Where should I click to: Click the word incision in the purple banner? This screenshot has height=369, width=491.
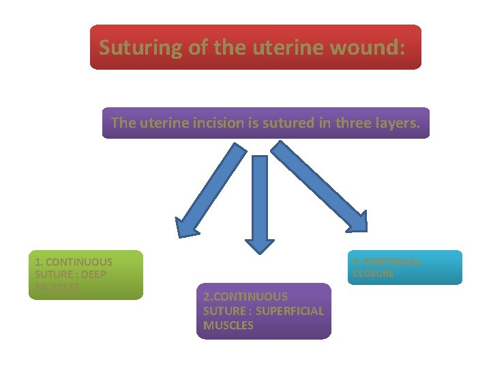(215, 123)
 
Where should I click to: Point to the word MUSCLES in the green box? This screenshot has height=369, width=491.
(57, 287)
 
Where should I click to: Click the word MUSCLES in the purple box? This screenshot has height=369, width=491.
(228, 325)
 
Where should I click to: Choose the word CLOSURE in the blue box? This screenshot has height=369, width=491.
(373, 273)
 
